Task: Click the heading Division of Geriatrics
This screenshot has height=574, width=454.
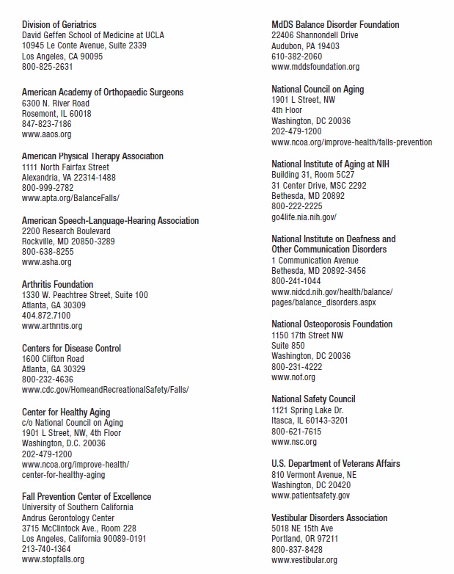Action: pos(59,25)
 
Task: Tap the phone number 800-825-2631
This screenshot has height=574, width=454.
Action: pos(47,66)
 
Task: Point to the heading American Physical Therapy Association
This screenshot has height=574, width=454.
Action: pos(92,156)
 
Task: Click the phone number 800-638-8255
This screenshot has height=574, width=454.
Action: pos(47,251)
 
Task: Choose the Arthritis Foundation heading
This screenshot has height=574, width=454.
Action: pos(57,284)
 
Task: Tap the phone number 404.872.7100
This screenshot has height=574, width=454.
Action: pos(46,316)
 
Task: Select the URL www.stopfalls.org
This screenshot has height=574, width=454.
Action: pos(53,559)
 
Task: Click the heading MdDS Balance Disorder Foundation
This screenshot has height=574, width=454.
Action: pos(335,25)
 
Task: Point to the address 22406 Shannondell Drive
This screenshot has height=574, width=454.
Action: pos(315,35)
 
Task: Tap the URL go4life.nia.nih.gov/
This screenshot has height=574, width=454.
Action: pos(304,217)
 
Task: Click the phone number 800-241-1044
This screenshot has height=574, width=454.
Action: pos(296,281)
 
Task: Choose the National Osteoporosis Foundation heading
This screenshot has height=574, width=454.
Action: pos(332,324)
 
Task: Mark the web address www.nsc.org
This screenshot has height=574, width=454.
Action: pos(293,442)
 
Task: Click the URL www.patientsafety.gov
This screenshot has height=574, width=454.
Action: pos(310,495)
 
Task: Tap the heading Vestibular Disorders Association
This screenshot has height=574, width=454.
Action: pos(329,517)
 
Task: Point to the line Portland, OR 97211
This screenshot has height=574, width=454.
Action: pos(304,539)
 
